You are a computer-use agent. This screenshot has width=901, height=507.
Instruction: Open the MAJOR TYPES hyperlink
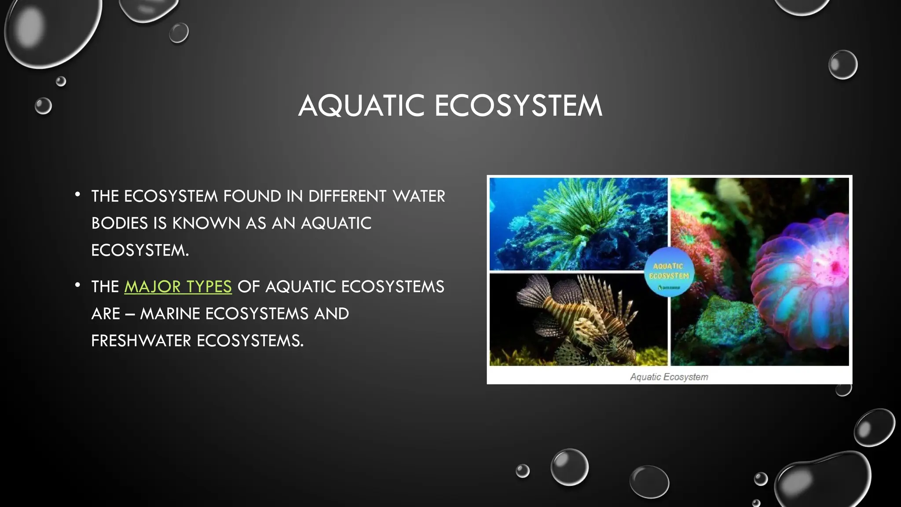point(178,287)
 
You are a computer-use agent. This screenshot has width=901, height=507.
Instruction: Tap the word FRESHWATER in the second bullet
point(141,341)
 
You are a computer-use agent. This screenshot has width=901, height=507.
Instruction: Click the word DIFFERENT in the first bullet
point(347,196)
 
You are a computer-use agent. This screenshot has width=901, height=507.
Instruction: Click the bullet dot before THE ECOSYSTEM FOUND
point(77,194)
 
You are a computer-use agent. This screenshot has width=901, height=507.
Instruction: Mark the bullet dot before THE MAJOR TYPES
point(77,285)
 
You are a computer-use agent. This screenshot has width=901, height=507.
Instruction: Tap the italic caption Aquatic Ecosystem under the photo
point(669,377)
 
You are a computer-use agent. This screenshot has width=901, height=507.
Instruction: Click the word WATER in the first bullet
point(419,196)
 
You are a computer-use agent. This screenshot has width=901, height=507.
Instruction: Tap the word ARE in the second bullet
point(106,314)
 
